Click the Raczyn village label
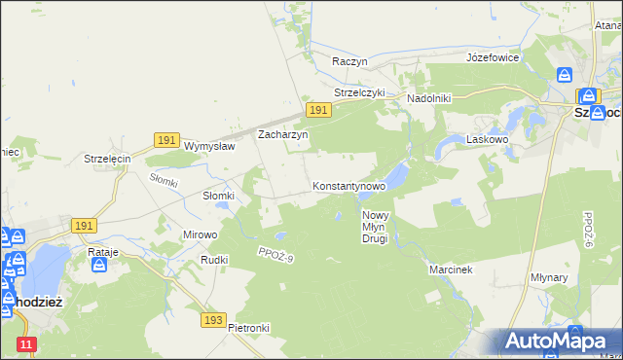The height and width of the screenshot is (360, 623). [x=349, y=60]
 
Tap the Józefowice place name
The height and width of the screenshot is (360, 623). [x=493, y=57]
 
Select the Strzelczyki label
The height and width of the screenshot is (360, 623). [x=360, y=93]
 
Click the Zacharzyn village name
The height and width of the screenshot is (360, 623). [x=282, y=135]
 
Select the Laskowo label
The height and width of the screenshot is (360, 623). [x=489, y=140]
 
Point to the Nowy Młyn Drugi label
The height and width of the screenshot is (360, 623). [x=376, y=227]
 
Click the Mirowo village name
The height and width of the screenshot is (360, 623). [x=201, y=234]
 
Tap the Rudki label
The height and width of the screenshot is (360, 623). [x=214, y=260]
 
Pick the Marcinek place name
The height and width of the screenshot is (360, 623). [x=451, y=270]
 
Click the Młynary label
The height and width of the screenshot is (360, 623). [x=577, y=277]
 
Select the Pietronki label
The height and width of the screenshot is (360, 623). [x=248, y=328]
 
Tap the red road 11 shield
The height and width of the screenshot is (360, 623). [x=27, y=343]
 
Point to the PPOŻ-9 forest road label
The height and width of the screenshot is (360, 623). [x=275, y=255]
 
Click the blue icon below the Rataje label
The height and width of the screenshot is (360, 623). [x=99, y=265]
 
